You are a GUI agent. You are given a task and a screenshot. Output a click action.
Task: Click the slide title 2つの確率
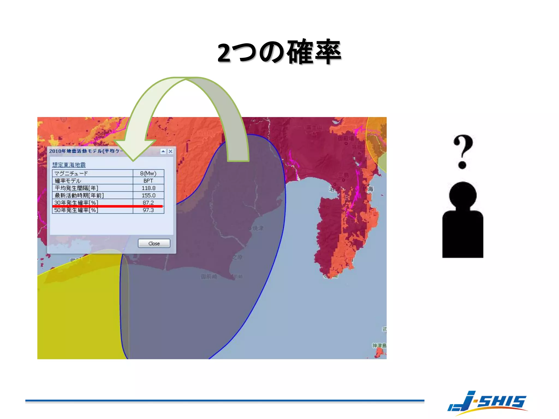point(279,52)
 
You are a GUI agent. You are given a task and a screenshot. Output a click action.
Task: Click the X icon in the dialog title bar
point(171,151)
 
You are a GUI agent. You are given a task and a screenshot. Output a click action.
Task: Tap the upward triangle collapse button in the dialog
point(163,151)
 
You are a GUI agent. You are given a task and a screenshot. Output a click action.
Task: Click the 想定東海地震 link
point(69,165)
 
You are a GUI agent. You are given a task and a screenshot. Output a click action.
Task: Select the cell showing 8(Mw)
point(148,173)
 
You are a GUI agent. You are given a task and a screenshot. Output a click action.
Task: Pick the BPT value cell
point(148,181)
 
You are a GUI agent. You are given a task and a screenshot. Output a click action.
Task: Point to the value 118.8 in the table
point(148,188)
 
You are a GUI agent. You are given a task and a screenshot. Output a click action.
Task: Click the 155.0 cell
point(148,195)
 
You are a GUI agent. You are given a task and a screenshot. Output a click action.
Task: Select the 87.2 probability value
point(148,202)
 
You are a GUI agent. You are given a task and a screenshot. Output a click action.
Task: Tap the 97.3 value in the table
point(148,210)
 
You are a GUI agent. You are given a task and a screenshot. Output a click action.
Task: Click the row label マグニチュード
point(71,173)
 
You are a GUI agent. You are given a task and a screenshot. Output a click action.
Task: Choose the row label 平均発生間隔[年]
point(76,188)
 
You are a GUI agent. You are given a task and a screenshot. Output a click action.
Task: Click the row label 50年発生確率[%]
point(76,210)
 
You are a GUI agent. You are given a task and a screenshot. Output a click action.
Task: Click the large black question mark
point(463,151)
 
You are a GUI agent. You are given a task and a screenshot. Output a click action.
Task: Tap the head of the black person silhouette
point(463,195)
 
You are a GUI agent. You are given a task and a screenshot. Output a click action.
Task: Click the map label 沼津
point(335,189)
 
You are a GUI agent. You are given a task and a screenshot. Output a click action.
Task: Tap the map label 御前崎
point(209,277)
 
